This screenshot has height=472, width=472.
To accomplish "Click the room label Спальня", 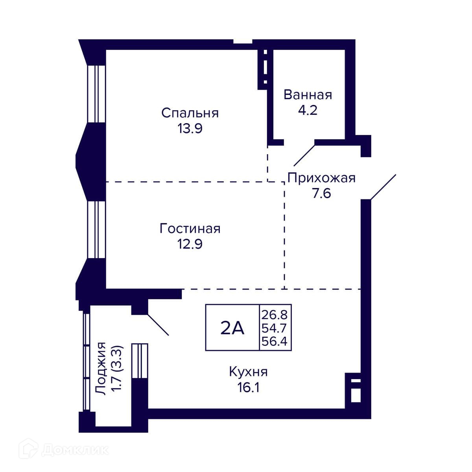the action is [x=190, y=113].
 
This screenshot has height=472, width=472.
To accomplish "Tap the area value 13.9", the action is [x=190, y=128].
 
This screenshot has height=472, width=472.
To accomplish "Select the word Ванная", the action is [x=308, y=95].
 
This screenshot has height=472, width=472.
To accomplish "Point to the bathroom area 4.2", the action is [x=308, y=110].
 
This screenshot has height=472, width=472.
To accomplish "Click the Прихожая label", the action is [x=321, y=178].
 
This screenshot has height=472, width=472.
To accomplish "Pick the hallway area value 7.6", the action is [x=321, y=193].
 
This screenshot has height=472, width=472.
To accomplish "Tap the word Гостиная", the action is [x=190, y=229].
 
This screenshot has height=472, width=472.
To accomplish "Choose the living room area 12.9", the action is [x=190, y=244].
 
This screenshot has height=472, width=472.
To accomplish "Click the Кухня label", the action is [x=248, y=372].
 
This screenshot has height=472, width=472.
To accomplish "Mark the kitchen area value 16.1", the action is [x=248, y=387].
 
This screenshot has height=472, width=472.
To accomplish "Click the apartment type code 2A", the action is [x=232, y=328].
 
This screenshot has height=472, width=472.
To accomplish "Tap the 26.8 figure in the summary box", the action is [x=274, y=315].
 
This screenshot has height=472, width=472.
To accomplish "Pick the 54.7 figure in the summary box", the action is [x=274, y=328].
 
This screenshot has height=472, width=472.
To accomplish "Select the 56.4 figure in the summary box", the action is [x=274, y=341].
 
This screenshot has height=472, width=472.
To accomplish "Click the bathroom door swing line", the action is [x=304, y=155].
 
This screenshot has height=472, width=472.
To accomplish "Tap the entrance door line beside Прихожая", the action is [x=383, y=187].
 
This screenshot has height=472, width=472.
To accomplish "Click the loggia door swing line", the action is [x=159, y=324].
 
